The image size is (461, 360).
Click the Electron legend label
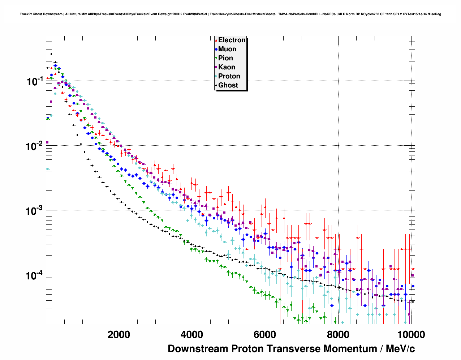coord(232,40)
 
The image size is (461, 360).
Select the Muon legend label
coord(227,49)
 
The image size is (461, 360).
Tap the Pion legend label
coord(225,58)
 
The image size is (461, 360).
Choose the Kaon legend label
coord(227,67)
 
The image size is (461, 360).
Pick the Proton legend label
coord(229,76)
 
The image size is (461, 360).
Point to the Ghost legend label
coord(228,85)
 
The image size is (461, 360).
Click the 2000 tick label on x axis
coord(119,335)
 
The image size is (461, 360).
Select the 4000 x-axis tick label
coord(192,335)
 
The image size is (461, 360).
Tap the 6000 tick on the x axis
coord(265,335)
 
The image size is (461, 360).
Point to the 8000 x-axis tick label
coord(338,335)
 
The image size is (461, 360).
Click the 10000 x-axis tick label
coord(410,335)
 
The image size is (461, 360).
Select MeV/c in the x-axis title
coord(400,349)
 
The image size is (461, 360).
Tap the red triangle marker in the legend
coord(216,40)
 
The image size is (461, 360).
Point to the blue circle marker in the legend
coord(216,50)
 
